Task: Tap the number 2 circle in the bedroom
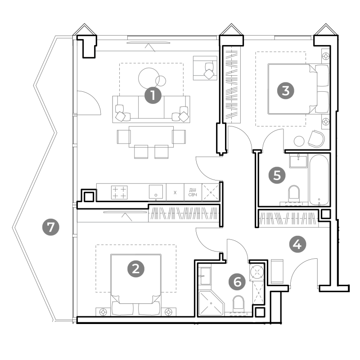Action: point(136,269)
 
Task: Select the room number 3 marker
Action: point(286,91)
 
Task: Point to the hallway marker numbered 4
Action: point(297,244)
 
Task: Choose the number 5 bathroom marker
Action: point(277,175)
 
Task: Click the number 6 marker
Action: point(238,282)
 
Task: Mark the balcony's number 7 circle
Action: point(51,227)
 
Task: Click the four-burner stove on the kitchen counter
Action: point(119,193)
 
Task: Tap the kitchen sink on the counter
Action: point(156,192)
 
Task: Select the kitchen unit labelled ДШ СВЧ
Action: point(193,192)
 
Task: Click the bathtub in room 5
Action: point(319,180)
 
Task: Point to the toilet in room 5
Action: point(294,194)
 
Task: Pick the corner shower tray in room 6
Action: point(211,303)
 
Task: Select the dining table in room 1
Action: point(151,137)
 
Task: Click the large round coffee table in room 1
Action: point(149,78)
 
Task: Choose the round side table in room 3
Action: point(299,141)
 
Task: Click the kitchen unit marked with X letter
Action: point(175,193)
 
